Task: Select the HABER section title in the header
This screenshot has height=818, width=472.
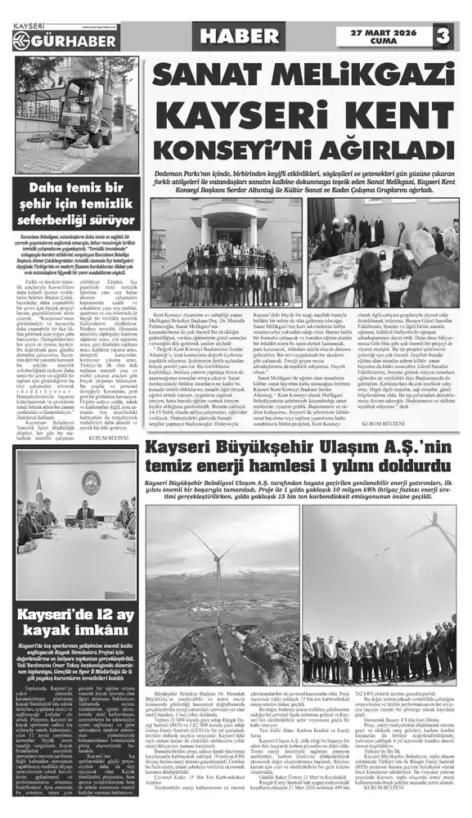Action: (239, 35)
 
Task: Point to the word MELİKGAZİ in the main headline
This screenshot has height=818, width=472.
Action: (361, 76)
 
